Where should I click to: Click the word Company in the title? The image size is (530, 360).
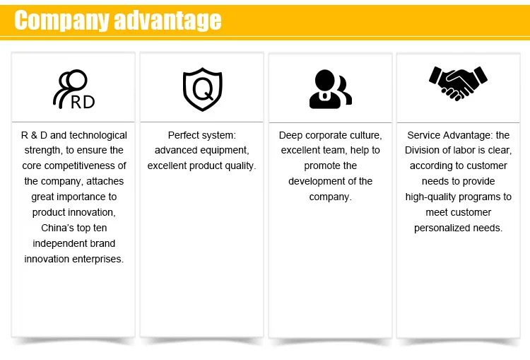61,21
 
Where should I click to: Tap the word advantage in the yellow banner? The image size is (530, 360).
167,21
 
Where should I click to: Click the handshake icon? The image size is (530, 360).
458,83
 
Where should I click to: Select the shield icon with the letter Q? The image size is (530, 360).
203,89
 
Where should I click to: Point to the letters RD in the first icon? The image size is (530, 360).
83,102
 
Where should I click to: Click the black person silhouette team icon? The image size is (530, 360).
330,89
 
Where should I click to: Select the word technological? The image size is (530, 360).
98,135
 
